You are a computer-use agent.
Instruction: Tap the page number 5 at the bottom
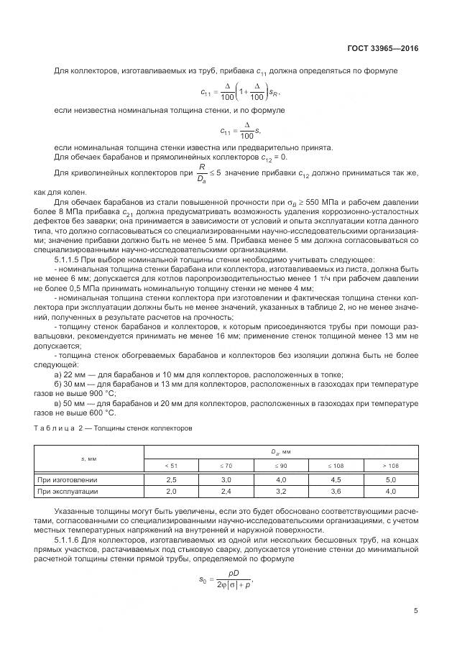point(415,611)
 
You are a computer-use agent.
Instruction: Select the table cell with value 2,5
point(171,479)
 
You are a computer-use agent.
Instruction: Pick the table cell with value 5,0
point(390,479)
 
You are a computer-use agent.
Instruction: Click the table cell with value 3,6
point(336,492)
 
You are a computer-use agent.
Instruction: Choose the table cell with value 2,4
point(226,492)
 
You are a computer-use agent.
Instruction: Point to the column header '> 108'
point(390,466)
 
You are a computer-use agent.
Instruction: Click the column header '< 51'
point(171,466)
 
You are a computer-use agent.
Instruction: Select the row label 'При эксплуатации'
point(67,492)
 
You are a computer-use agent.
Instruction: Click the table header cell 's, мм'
point(89,459)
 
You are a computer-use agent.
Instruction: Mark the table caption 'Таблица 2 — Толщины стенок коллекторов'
point(113,428)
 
